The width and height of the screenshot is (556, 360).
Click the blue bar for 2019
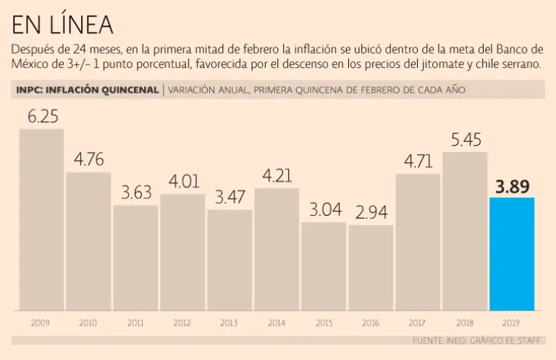[x=512, y=254]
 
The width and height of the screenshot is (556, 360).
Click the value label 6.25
[x=43, y=117]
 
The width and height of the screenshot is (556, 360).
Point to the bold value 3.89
[x=513, y=187]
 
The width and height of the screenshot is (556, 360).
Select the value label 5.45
[x=466, y=140]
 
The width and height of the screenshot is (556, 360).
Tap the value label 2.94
[x=371, y=213]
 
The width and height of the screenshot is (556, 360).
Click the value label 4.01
[x=182, y=182]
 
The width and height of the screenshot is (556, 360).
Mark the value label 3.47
[x=230, y=198]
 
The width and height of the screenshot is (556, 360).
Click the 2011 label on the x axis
[x=135, y=322]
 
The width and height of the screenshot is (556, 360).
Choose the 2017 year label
[x=418, y=322]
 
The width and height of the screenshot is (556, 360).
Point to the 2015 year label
[x=324, y=322]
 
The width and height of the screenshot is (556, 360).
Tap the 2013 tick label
[x=229, y=322]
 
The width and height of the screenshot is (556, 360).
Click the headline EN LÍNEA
[x=62, y=25]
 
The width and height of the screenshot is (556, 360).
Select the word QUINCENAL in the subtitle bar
[x=125, y=90]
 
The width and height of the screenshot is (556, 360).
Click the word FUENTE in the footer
[x=429, y=340]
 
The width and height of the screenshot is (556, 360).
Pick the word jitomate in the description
[x=437, y=64]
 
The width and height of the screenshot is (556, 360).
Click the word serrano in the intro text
[x=521, y=64]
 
